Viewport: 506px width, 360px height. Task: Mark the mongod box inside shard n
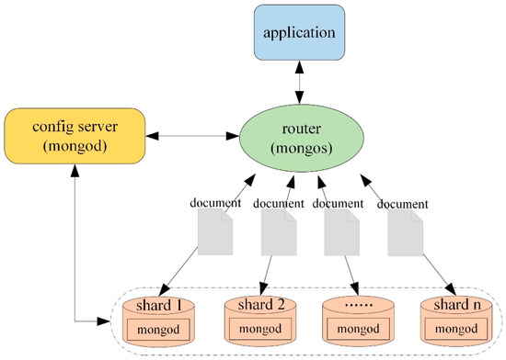coord(453,328)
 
